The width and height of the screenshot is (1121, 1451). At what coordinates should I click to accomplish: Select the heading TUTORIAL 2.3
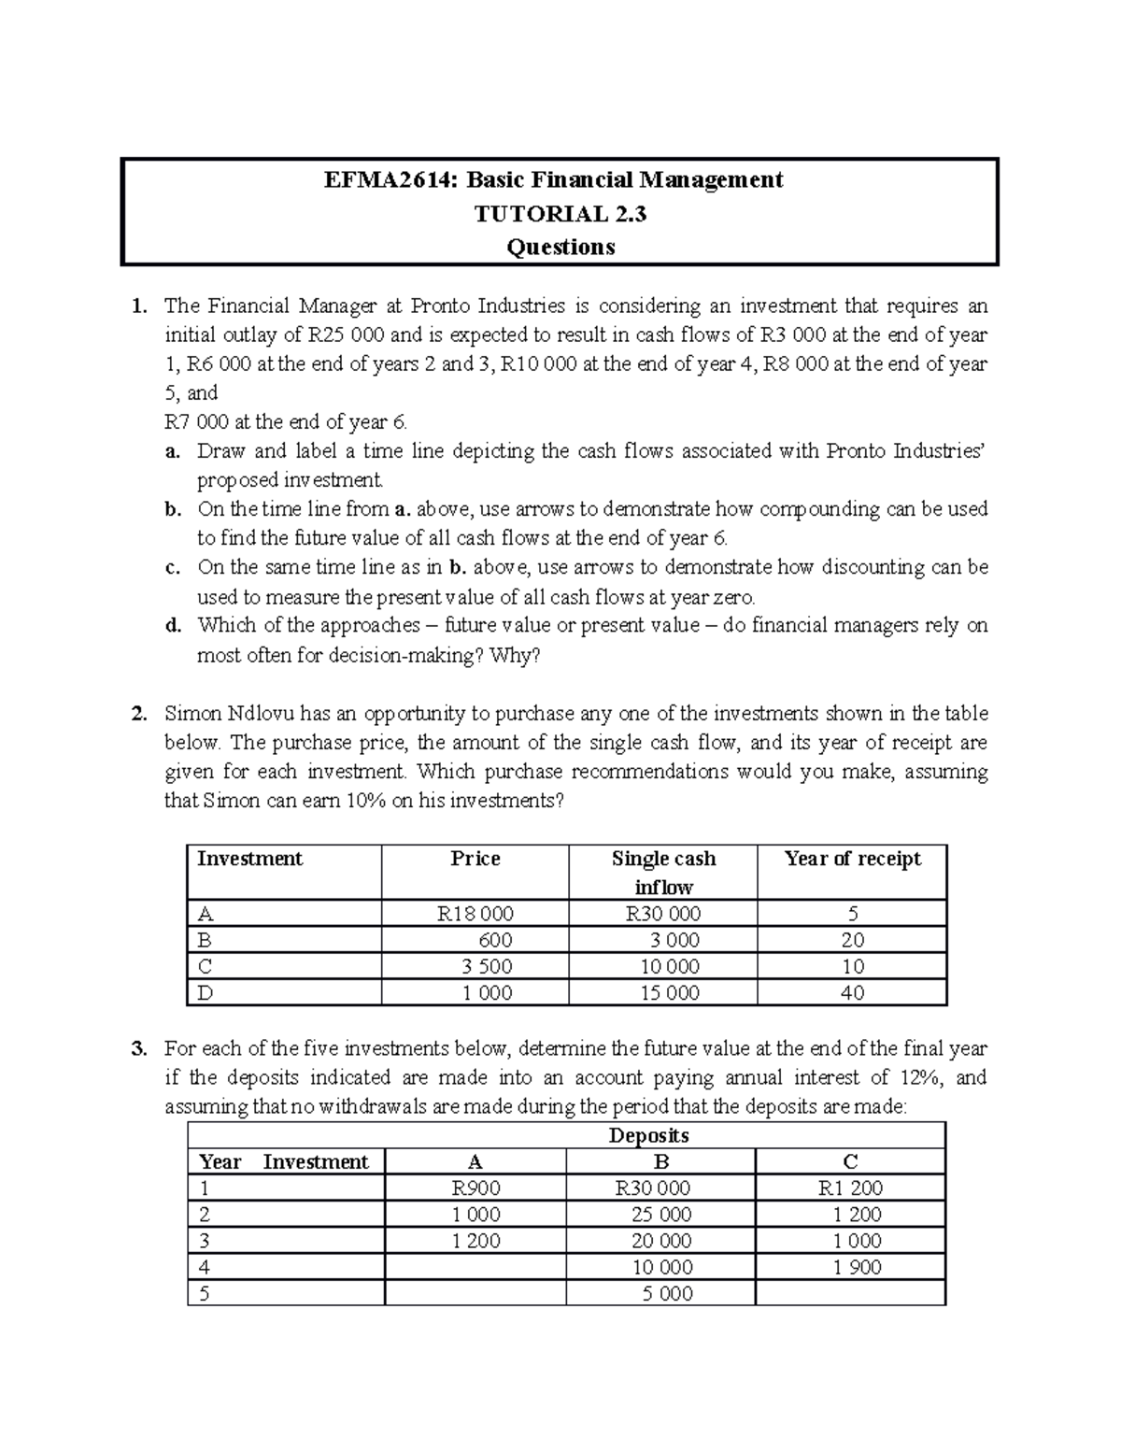pyautogui.click(x=560, y=214)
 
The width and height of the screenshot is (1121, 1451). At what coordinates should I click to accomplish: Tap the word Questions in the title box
pyautogui.click(x=560, y=248)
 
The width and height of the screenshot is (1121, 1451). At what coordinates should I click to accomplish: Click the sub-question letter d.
pyautogui.click(x=172, y=626)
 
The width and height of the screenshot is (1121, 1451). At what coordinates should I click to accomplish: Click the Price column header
pyautogui.click(x=475, y=859)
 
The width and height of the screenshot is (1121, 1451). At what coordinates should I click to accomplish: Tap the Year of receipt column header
pyautogui.click(x=852, y=859)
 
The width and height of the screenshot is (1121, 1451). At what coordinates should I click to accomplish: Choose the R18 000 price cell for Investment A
pyautogui.click(x=475, y=914)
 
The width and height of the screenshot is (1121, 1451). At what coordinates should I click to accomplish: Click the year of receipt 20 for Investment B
pyautogui.click(x=852, y=940)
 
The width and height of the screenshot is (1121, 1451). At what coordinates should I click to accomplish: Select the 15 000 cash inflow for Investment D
pyautogui.click(x=669, y=992)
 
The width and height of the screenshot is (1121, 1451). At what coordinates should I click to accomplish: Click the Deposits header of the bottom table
pyautogui.click(x=648, y=1135)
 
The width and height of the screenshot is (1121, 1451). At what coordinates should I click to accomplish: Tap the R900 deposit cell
pyautogui.click(x=475, y=1188)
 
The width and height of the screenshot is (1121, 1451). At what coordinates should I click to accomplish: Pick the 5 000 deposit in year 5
pyautogui.click(x=662, y=1293)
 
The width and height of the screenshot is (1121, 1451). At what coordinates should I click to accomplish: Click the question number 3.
pyautogui.click(x=139, y=1048)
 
